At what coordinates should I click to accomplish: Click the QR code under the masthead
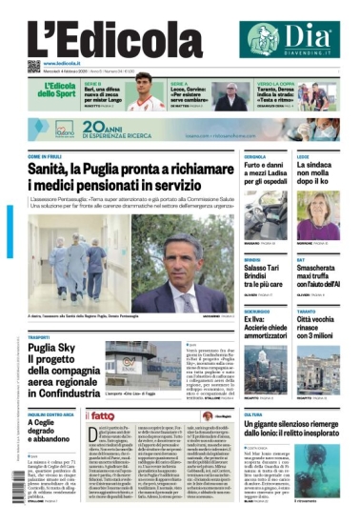[x=32, y=64]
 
